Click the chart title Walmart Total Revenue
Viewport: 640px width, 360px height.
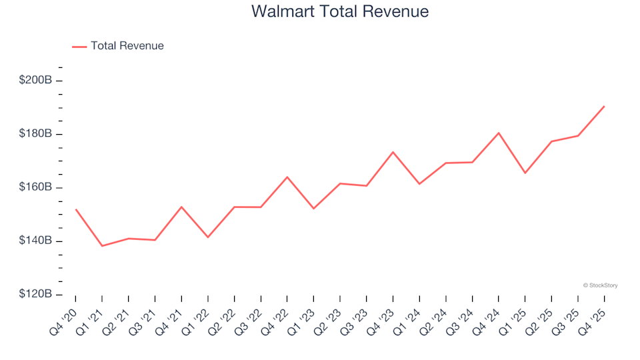point(340,11)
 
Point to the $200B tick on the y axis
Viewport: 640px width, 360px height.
point(35,80)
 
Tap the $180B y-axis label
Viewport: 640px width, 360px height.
point(35,134)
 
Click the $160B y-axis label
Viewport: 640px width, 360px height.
point(35,187)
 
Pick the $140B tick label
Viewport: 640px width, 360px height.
point(35,241)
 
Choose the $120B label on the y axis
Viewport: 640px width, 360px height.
point(35,294)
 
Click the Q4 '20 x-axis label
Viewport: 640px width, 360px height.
point(64,317)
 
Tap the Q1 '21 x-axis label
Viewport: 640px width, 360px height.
point(91,317)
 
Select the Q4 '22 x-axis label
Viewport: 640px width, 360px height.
point(275,317)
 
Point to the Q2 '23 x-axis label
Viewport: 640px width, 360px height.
point(329,317)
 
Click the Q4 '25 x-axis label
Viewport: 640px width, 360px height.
point(593,317)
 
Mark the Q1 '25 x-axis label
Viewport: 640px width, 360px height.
point(513,317)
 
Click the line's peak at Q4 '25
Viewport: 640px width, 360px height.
point(604,106)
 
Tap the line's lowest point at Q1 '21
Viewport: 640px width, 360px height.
point(102,246)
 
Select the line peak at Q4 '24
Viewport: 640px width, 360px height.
point(499,133)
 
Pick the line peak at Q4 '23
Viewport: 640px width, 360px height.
point(393,152)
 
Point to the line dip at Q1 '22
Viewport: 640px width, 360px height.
point(208,237)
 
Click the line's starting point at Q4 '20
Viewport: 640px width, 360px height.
point(75,209)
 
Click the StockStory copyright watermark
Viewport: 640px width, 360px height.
point(600,285)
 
